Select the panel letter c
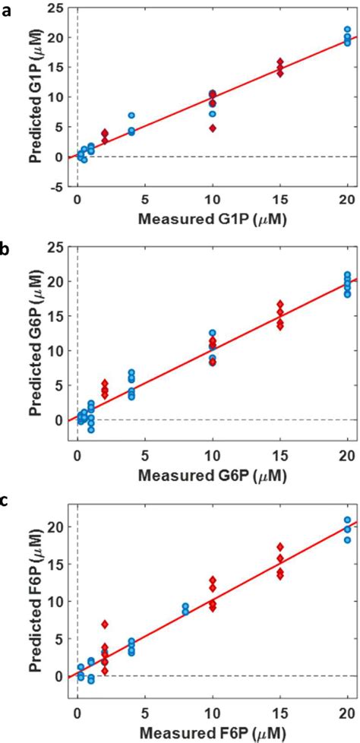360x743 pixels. (x=7, y=501)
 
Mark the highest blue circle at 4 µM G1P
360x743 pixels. (x=131, y=115)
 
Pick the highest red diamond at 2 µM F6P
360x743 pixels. (x=105, y=624)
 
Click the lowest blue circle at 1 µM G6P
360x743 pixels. (x=91, y=430)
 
